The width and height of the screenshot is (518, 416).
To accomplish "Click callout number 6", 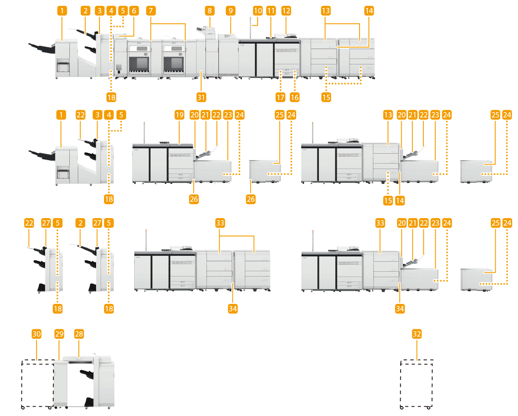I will (x=132, y=10).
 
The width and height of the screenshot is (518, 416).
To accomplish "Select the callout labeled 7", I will (x=152, y=10).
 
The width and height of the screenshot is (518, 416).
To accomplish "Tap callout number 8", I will (x=210, y=10).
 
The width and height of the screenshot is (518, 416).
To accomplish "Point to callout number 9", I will (x=230, y=10).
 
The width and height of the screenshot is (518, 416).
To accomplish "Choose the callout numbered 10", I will (x=257, y=10).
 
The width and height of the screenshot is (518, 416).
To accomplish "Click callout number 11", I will (x=270, y=10).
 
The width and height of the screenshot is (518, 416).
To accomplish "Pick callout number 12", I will (x=286, y=10).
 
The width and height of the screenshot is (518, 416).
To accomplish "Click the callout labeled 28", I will (x=78, y=334).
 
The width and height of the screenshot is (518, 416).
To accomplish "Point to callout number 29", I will (x=59, y=334).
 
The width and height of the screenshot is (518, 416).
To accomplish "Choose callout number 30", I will (x=37, y=334).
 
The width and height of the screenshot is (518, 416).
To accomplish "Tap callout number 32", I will (x=417, y=334).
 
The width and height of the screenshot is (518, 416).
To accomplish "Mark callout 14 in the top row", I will (x=369, y=10).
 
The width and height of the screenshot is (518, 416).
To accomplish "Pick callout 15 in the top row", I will (x=326, y=97).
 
